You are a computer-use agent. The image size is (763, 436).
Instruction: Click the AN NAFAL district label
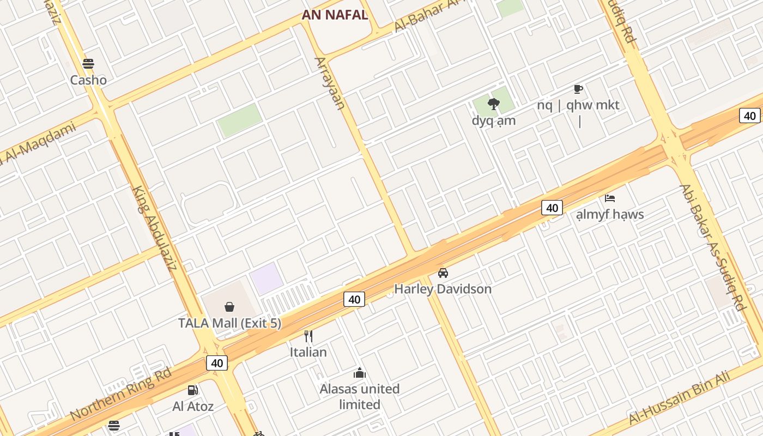pos(335,15)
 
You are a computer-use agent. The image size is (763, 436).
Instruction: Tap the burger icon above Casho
pos(88,64)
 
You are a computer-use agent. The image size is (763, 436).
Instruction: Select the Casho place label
pos(88,80)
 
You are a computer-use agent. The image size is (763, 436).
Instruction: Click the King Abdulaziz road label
pos(155,229)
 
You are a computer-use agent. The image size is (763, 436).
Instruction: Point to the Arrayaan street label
pos(330,83)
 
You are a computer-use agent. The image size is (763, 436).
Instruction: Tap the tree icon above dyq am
pos(494,104)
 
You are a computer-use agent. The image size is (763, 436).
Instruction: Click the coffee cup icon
pos(578,89)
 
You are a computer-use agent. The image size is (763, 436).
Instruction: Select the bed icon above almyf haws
pos(610,198)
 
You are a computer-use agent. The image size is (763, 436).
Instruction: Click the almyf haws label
pos(610,214)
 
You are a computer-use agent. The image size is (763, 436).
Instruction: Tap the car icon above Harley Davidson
pos(443,272)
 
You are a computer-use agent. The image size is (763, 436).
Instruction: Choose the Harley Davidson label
pos(443,289)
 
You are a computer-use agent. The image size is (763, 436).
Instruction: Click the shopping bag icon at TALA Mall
pos(229,307)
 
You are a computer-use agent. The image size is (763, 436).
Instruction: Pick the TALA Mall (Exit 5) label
pos(229,323)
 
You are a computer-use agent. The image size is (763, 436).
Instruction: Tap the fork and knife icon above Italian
pos(308,336)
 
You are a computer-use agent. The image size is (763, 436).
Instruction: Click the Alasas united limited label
pos(360,397)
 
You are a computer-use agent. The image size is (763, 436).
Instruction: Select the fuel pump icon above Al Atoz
pos(192,390)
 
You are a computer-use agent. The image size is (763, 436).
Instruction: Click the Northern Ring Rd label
pos(121,394)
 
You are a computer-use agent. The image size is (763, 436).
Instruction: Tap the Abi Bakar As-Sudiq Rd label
pos(712,248)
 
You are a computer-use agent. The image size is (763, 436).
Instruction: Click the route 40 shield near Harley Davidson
pos(354,299)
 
